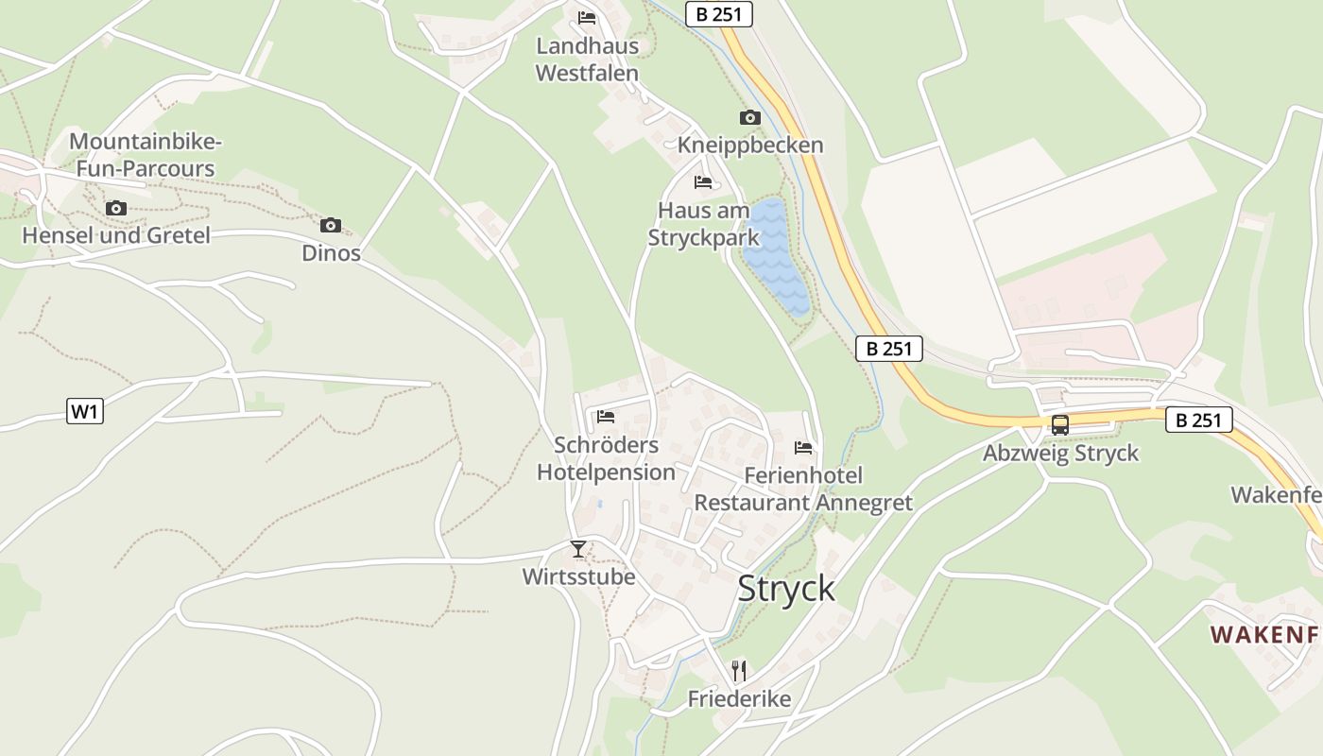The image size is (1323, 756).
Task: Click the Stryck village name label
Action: (x=786, y=588)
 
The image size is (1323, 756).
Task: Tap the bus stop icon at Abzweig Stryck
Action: (x=1060, y=425)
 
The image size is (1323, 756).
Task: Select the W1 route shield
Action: (x=85, y=412)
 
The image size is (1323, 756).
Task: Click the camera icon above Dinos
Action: (x=330, y=225)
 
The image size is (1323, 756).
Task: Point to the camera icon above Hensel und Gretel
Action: (x=116, y=208)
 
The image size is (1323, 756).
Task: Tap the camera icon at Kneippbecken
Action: (x=749, y=118)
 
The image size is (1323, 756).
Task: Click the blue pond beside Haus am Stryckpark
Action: (x=776, y=255)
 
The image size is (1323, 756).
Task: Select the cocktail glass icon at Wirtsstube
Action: (x=578, y=548)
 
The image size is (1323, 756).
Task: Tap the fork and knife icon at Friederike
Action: (x=739, y=671)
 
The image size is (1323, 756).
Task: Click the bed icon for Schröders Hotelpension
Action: (x=606, y=416)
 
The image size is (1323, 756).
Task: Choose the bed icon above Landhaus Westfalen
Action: (x=587, y=17)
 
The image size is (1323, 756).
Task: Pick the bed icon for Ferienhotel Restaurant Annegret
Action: (x=803, y=447)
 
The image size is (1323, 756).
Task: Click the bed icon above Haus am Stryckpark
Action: (x=703, y=181)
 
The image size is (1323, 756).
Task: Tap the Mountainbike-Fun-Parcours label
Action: (x=146, y=156)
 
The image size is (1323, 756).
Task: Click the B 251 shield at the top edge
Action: (x=719, y=14)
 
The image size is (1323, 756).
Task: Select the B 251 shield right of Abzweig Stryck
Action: (x=1199, y=420)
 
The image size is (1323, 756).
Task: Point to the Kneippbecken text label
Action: (x=750, y=146)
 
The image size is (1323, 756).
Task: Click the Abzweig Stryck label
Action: (x=1060, y=454)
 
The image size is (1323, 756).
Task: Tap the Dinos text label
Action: (x=331, y=253)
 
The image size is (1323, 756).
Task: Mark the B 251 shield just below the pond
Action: (x=889, y=349)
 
